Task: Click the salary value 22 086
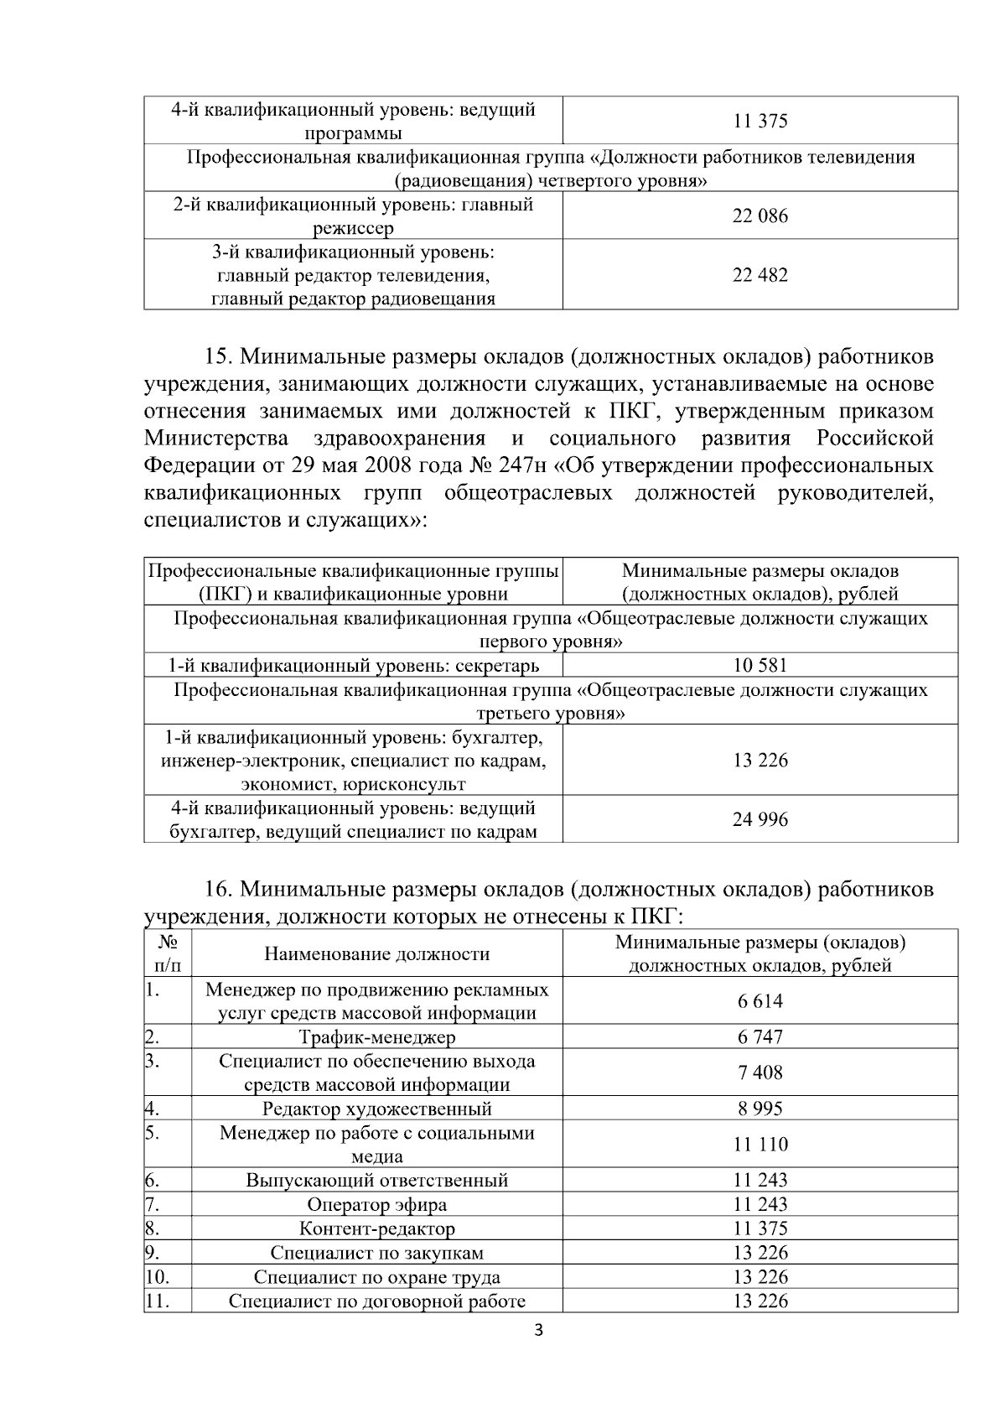pyautogui.click(x=760, y=216)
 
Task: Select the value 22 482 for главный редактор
pyautogui.click(x=760, y=276)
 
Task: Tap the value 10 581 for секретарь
pyautogui.click(x=760, y=666)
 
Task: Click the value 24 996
pyautogui.click(x=760, y=819)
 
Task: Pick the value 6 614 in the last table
pyautogui.click(x=760, y=1001)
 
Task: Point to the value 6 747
pyautogui.click(x=760, y=1037)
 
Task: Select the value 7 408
pyautogui.click(x=760, y=1072)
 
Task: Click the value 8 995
pyautogui.click(x=760, y=1109)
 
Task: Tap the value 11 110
pyautogui.click(x=760, y=1145)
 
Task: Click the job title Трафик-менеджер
pyautogui.click(x=377, y=1037)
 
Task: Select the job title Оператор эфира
pyautogui.click(x=377, y=1205)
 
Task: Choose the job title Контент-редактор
pyautogui.click(x=377, y=1229)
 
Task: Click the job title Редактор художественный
pyautogui.click(x=377, y=1109)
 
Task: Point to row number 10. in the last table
pyautogui.click(x=158, y=1277)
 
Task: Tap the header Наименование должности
pyautogui.click(x=377, y=954)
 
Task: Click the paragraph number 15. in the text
pyautogui.click(x=220, y=357)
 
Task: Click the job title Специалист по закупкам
pyautogui.click(x=377, y=1253)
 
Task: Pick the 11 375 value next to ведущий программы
pyautogui.click(x=760, y=122)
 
